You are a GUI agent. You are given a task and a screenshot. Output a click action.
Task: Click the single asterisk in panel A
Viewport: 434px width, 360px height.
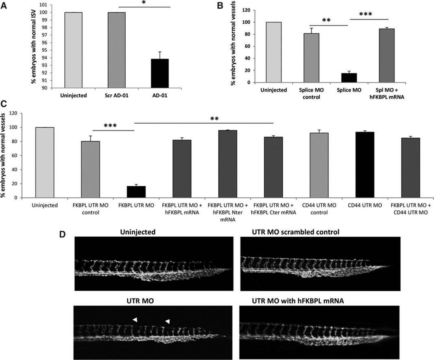click(144, 4)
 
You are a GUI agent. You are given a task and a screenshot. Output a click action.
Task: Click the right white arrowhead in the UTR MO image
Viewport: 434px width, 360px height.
click(167, 321)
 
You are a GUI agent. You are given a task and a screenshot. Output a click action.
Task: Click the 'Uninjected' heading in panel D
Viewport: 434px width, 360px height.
click(141, 231)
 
